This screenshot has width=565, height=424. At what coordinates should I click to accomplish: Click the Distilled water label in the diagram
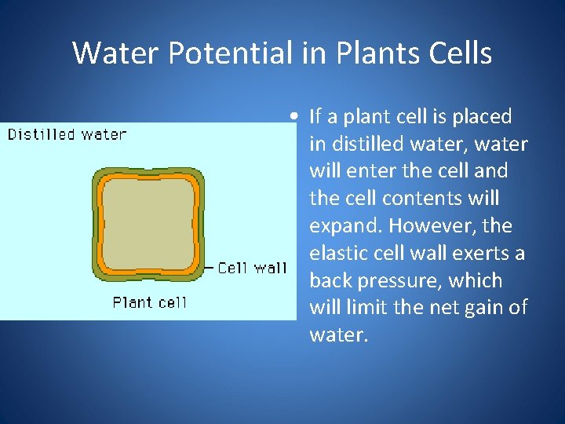coord(67,134)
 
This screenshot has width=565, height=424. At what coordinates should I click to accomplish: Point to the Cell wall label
coord(252,269)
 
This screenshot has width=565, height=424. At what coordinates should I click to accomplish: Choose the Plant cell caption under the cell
coord(150,302)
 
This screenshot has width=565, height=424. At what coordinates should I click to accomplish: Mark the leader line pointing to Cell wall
coord(208,269)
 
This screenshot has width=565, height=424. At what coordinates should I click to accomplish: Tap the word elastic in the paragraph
coord(338,254)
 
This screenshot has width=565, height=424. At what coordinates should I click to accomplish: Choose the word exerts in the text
coord(481,254)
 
